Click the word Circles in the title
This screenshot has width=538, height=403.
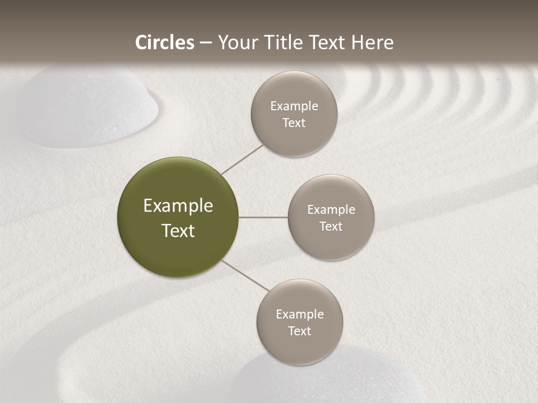pos(165,43)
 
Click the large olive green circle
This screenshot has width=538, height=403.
pos(178,217)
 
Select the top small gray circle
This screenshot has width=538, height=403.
pos(294,114)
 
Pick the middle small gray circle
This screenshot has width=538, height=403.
pos(331,217)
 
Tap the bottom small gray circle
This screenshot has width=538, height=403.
pos(299,322)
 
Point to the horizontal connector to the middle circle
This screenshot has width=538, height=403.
pos(263,217)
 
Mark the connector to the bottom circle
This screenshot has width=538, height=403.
pos(245,275)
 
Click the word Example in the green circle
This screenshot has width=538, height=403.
pos(178,206)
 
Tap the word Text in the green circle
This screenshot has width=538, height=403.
pos(178,231)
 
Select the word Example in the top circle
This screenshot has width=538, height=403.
pos(294,106)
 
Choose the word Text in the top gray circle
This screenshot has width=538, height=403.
pos(294,123)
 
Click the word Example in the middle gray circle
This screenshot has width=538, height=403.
pos(331,209)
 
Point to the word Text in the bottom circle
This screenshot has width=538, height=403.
pos(299,331)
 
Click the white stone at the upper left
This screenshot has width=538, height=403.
pos(87,106)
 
